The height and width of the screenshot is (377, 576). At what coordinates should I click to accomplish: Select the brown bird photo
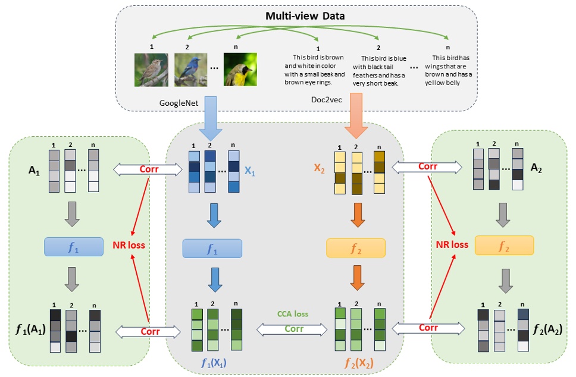tap(151, 68)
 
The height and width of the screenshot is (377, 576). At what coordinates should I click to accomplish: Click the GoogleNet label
tap(179, 102)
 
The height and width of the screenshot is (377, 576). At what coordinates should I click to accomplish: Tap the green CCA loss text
tap(293, 314)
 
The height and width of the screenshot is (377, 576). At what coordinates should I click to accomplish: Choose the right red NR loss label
tap(452, 244)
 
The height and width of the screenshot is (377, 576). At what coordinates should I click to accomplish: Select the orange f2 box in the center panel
tap(356, 247)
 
